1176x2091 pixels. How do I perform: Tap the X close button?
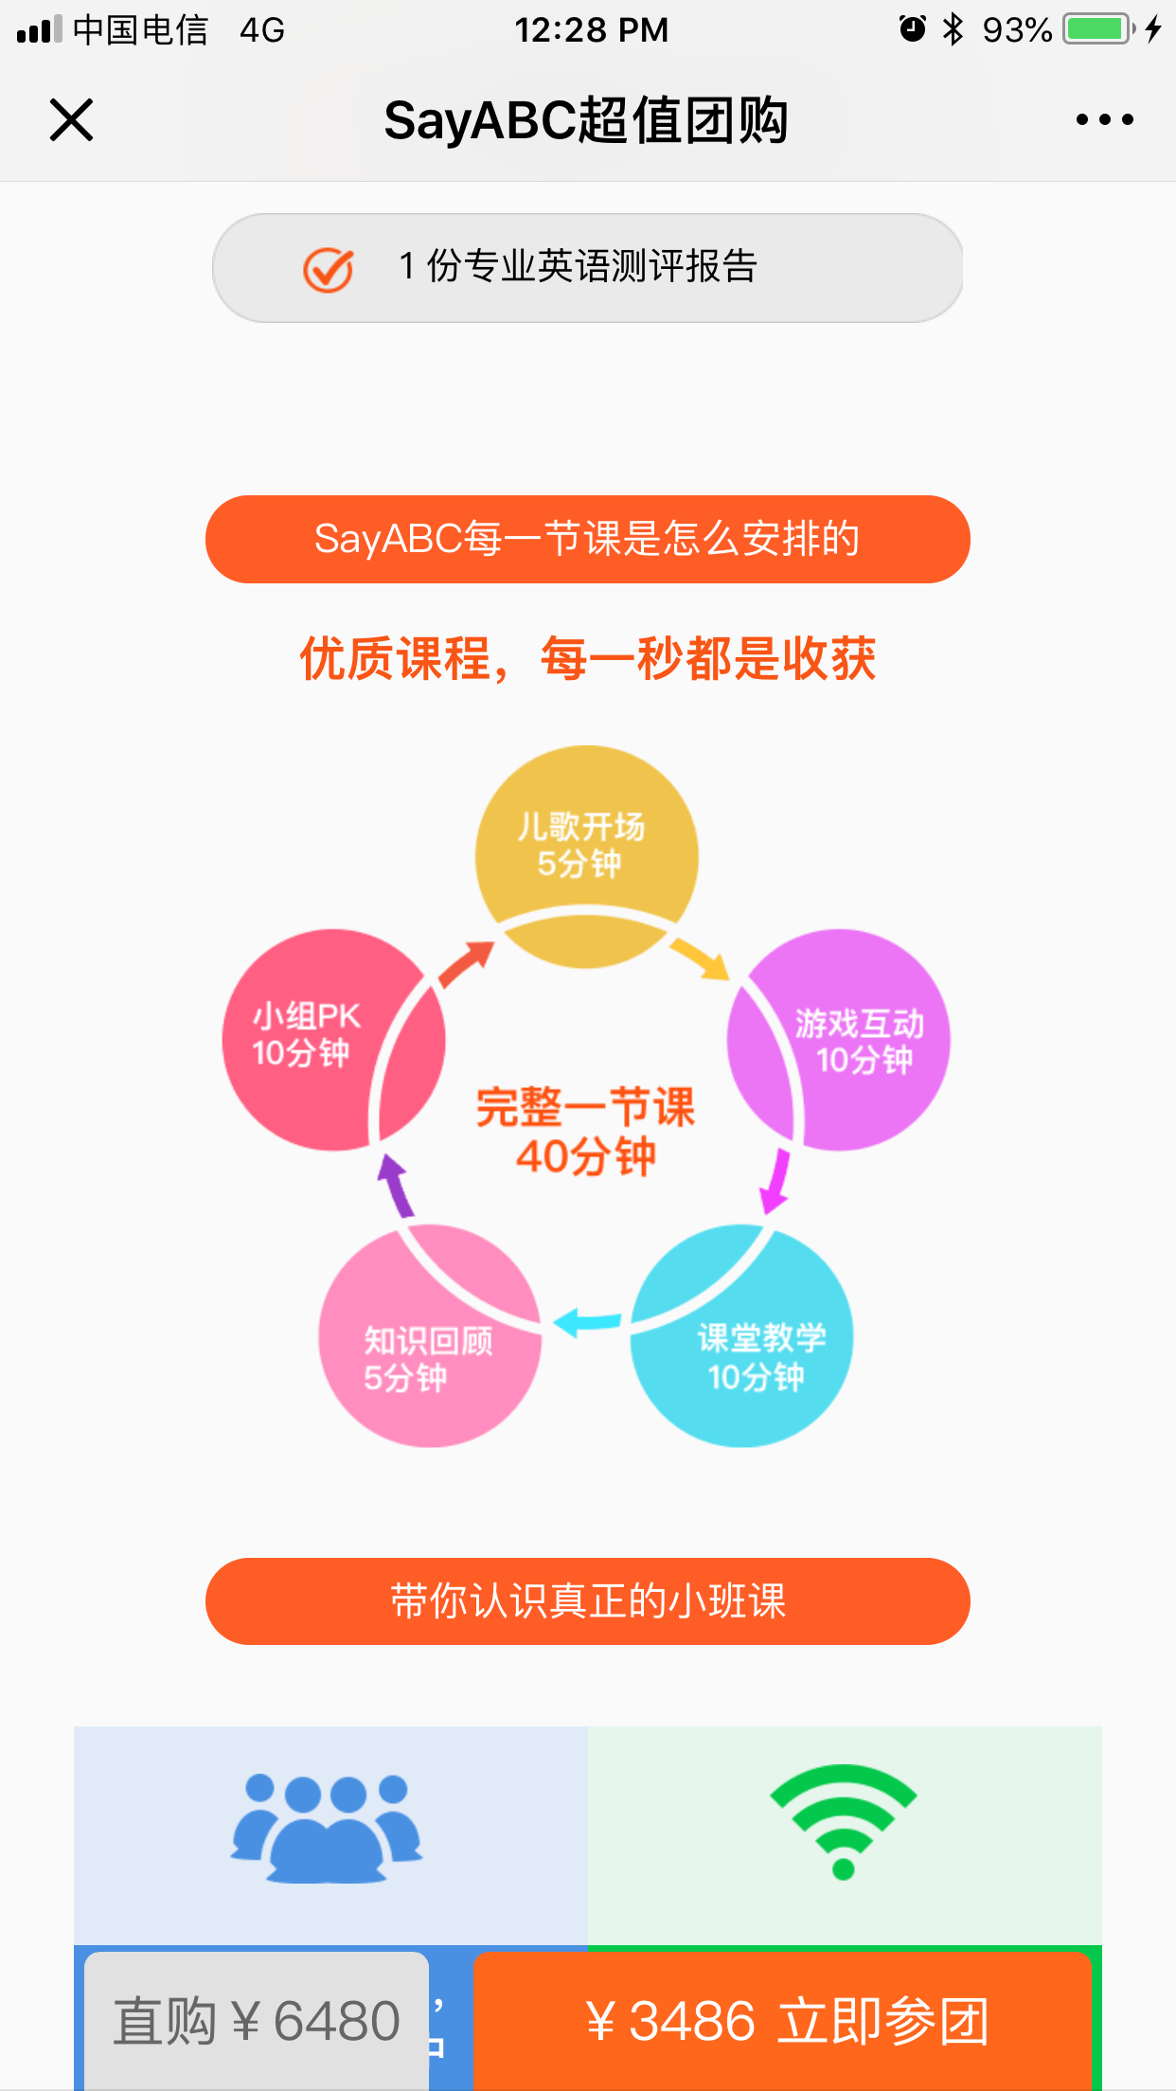click(71, 120)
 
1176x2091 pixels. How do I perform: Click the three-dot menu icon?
click(1104, 120)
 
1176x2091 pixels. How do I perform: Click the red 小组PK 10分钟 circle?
click(312, 1036)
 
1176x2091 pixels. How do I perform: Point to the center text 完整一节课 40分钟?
click(586, 1131)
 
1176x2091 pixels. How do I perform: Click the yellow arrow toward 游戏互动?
click(702, 958)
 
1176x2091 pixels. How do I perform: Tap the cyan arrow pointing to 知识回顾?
click(587, 1321)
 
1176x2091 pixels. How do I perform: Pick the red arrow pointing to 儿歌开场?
click(466, 964)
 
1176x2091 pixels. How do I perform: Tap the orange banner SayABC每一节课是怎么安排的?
click(587, 539)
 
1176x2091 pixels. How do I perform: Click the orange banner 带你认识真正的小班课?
click(587, 1601)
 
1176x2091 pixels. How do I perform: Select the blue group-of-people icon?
click(327, 1829)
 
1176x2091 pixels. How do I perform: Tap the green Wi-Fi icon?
click(843, 1820)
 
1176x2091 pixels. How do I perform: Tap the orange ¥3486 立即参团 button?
click(784, 2020)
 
